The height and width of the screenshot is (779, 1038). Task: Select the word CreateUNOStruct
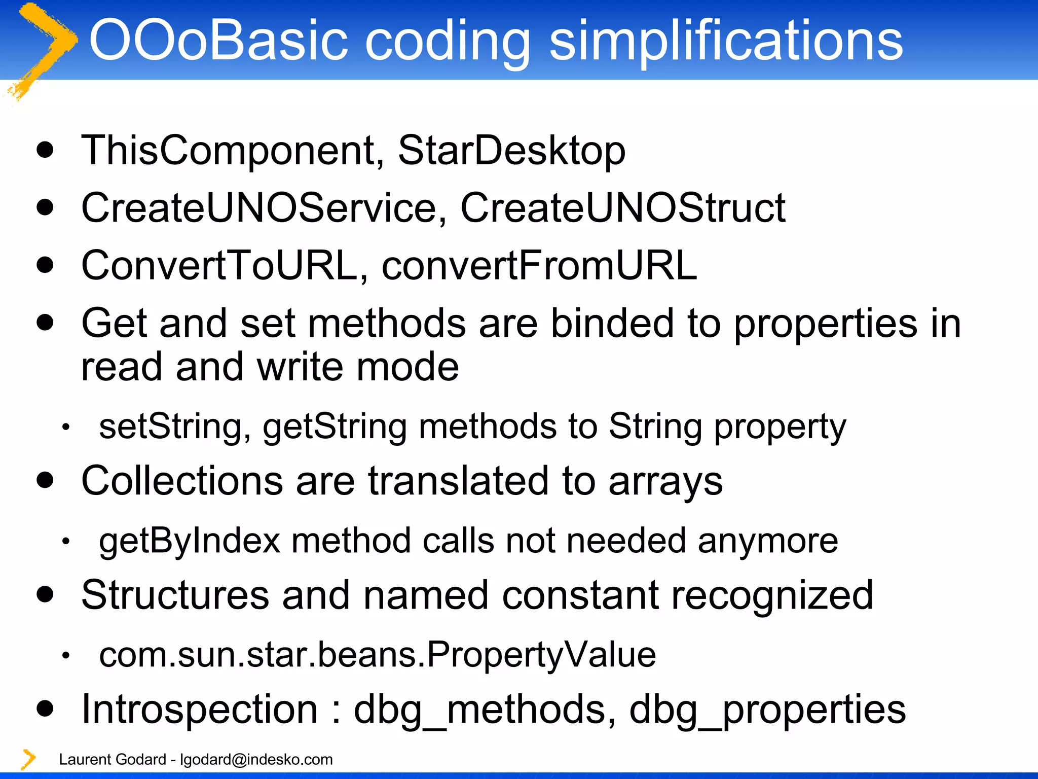click(622, 208)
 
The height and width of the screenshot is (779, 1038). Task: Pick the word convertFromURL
click(539, 266)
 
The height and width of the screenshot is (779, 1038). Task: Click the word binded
click(612, 324)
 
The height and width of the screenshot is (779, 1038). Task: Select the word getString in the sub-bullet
click(335, 427)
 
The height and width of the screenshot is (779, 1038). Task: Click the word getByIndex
click(190, 542)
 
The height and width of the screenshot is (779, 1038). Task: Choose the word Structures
click(175, 595)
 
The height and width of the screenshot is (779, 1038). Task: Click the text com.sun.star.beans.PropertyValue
click(378, 655)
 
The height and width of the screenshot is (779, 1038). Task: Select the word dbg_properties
click(767, 710)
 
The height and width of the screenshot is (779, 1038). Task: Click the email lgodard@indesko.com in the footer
click(256, 759)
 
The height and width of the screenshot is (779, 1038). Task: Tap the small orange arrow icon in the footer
click(28, 759)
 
